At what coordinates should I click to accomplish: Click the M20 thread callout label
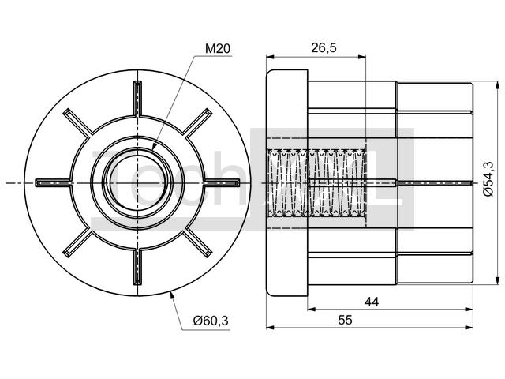tap(218, 49)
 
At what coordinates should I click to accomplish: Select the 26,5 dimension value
tap(324, 47)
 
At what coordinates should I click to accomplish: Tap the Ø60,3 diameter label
tap(211, 321)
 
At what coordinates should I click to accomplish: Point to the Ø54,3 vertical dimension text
tap(488, 178)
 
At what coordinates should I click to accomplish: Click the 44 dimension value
tap(372, 302)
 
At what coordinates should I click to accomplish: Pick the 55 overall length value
tap(346, 320)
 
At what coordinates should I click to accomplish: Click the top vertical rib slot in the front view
tap(137, 98)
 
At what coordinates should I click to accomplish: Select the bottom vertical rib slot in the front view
tap(137, 267)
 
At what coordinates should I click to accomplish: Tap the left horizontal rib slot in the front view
tap(53, 183)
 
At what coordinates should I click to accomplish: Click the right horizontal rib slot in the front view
tap(223, 182)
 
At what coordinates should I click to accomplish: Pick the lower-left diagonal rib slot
tap(77, 242)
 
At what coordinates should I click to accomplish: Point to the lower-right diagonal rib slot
tap(197, 242)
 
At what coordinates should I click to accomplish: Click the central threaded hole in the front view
tap(137, 182)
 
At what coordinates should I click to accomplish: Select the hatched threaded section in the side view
tap(316, 183)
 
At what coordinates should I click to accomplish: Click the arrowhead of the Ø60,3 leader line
tap(171, 295)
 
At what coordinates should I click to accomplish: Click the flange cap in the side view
tap(287, 183)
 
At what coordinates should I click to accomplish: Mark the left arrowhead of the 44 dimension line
tap(311, 310)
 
